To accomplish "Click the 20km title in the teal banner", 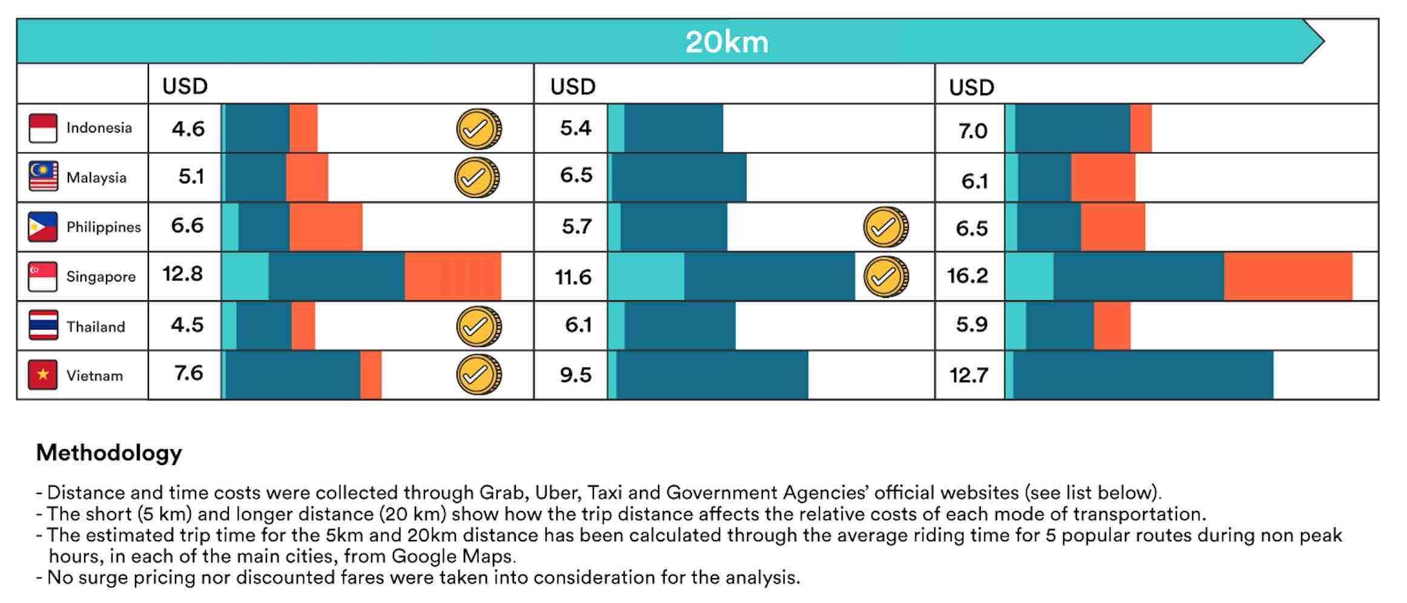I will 727,42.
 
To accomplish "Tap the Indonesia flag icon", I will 43,128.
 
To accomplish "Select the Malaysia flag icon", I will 43,177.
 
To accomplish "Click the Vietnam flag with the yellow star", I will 43,375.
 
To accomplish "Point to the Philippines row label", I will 104,227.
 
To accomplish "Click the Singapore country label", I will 101,277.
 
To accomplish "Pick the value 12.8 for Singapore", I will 183,274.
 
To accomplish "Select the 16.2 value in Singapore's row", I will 967,276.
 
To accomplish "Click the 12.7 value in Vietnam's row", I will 969,375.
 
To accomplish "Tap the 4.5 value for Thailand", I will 188,325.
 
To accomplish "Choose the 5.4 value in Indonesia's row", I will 575,128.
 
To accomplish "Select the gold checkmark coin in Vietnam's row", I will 478,375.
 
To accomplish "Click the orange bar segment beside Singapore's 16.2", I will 1288,277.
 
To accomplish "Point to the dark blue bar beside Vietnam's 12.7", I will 1143,375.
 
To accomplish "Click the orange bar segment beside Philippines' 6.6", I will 326,227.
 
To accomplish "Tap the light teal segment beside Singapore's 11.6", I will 646,277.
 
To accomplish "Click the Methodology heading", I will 109,453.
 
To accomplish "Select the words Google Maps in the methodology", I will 453,556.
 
